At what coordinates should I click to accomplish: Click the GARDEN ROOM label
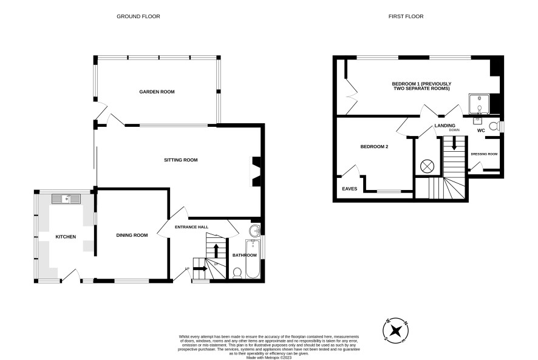point(157,92)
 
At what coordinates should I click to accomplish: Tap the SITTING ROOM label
point(181,160)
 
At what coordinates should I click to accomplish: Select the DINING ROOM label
point(132,235)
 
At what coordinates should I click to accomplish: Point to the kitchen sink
point(66,199)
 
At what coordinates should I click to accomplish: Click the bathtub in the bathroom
point(253,259)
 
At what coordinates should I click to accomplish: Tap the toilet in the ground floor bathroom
point(237,273)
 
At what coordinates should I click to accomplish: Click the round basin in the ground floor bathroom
point(255,231)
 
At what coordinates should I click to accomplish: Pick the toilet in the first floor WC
point(494,126)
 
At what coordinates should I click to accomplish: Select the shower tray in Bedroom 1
point(479,104)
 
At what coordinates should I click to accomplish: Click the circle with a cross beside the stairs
point(427,167)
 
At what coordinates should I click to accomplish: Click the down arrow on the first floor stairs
point(454,143)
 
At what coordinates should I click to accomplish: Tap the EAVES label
point(350,189)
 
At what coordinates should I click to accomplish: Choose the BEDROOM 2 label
point(374,146)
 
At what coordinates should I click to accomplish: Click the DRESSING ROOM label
point(484,154)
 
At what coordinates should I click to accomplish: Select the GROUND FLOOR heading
point(138,16)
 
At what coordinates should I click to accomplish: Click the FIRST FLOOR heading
point(406,16)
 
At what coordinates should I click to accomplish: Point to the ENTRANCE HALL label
point(191,227)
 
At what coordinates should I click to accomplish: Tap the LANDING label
point(444,126)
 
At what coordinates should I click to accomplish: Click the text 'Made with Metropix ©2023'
point(269,358)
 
